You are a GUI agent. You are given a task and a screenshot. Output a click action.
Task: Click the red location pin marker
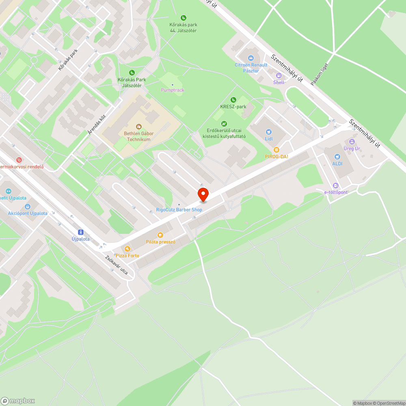point(203,194)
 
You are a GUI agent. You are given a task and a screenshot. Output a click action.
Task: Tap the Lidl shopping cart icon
point(268,132)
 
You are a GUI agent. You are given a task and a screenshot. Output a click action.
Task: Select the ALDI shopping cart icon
point(337,157)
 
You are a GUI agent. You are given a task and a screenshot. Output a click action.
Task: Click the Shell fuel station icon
point(279,76)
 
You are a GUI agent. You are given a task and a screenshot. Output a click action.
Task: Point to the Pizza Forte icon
point(127,248)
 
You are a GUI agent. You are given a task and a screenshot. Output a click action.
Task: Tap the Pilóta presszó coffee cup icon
point(160,235)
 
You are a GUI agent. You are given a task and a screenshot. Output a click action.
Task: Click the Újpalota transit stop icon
point(80,232)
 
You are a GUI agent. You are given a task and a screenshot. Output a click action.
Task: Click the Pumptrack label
point(173,90)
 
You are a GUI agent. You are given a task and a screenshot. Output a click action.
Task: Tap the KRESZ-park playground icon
point(233,100)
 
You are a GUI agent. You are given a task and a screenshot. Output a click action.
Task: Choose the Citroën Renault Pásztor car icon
point(251,58)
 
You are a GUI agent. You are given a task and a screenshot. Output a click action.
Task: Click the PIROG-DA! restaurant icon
point(276,149)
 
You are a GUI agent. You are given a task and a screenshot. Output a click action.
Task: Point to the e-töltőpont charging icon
point(335,185)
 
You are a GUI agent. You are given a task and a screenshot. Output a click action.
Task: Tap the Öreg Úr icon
point(352,142)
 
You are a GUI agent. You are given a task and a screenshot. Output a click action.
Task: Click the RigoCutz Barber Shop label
point(179,209)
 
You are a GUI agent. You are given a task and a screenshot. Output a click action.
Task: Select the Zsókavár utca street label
point(117,265)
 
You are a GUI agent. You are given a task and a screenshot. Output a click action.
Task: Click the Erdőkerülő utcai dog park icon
point(224,124)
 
